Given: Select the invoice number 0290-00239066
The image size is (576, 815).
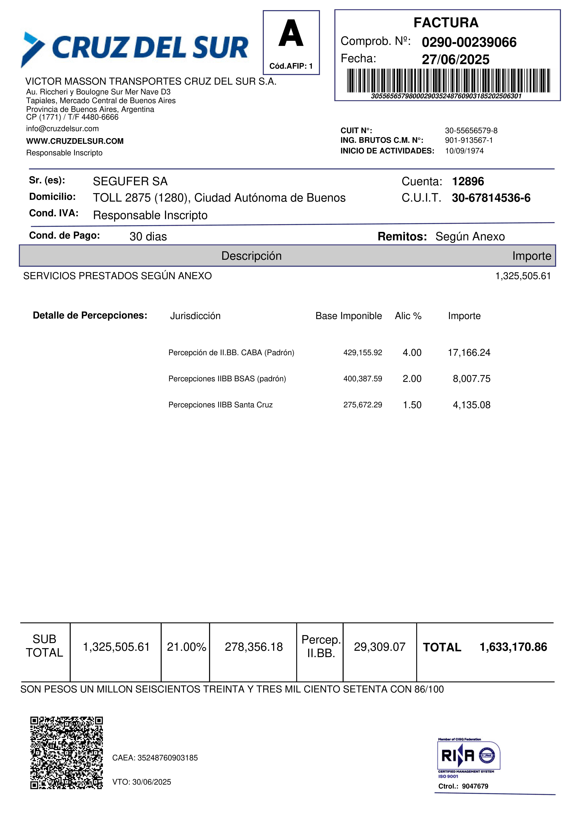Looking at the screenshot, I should pyautogui.click(x=469, y=42).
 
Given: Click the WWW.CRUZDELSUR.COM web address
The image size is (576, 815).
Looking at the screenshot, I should pyautogui.click(x=75, y=141).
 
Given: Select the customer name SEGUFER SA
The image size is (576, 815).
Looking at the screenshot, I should pyautogui.click(x=130, y=181).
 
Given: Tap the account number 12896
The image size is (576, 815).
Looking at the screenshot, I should pyautogui.click(x=468, y=181).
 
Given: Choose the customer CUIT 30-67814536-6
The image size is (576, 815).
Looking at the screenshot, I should pyautogui.click(x=491, y=198).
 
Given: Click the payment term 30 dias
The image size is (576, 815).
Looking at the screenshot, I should pyautogui.click(x=148, y=236).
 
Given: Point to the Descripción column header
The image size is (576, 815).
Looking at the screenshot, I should pyautogui.click(x=251, y=256).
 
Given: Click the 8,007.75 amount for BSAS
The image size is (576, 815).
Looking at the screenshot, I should pyautogui.click(x=471, y=379).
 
